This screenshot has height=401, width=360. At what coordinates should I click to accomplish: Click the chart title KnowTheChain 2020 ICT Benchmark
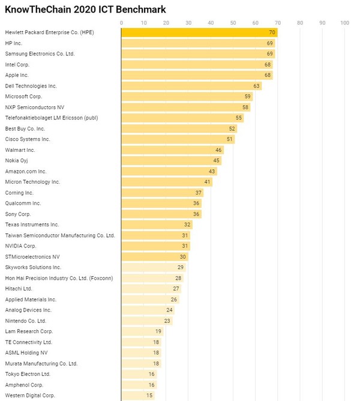click(86, 10)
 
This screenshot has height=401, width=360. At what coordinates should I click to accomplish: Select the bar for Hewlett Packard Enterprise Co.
click(199, 32)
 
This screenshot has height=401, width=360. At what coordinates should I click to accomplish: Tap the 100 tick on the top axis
click(344, 23)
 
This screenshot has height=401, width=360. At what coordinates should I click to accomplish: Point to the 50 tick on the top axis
click(233, 23)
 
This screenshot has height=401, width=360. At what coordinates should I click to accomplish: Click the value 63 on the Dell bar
click(256, 86)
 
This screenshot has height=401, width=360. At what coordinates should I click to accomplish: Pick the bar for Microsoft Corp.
click(187, 97)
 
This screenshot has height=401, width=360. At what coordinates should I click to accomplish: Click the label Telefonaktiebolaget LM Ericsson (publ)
click(51, 118)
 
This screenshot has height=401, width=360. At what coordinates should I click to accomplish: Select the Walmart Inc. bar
click(173, 150)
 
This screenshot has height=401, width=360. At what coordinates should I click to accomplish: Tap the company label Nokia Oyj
click(16, 160)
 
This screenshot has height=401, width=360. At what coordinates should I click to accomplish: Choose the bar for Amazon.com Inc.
click(169, 171)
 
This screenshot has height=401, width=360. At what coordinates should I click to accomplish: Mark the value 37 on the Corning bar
click(198, 193)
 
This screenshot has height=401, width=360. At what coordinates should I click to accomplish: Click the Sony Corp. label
click(18, 214)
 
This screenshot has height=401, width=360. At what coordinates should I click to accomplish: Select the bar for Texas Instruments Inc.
click(157, 225)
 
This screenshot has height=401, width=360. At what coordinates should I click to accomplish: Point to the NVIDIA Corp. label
click(21, 246)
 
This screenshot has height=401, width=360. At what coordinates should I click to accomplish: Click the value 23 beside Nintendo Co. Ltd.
click(167, 321)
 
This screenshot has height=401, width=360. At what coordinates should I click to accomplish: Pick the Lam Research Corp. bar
click(142, 331)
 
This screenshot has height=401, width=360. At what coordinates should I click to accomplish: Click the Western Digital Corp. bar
click(138, 396)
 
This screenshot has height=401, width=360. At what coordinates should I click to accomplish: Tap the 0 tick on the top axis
click(122, 23)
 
